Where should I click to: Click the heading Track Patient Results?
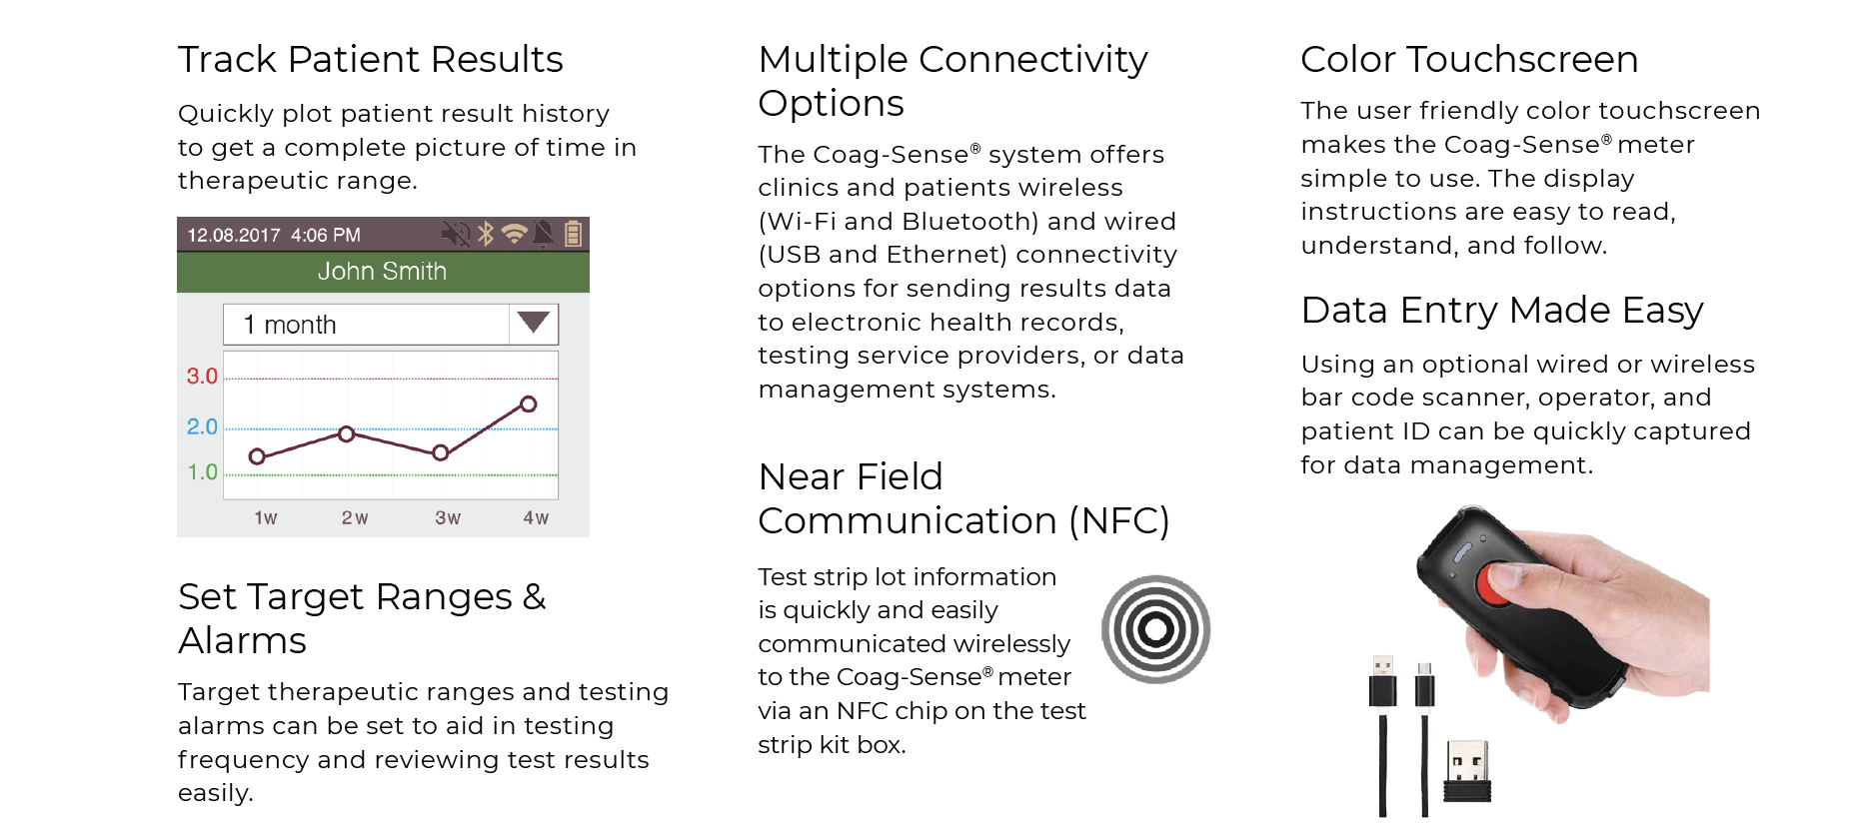(x=371, y=59)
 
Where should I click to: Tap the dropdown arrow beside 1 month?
(x=533, y=322)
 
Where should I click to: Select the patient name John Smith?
(x=382, y=271)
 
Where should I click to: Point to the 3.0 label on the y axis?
(x=202, y=377)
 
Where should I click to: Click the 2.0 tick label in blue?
(x=202, y=426)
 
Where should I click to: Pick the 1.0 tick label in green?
(x=203, y=471)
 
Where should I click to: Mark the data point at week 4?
(x=529, y=405)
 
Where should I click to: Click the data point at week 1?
(x=257, y=456)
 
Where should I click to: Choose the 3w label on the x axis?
(x=448, y=518)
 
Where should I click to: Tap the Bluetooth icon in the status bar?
(x=486, y=234)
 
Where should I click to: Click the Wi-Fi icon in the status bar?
(x=515, y=234)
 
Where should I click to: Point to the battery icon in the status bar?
(x=574, y=234)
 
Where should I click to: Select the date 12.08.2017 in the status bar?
(x=234, y=235)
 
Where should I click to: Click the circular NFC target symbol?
(x=1156, y=629)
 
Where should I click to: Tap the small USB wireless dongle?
(x=1467, y=771)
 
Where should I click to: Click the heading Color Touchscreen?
(x=1469, y=59)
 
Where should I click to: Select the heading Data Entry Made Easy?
(x=1502, y=311)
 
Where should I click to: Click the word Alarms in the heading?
(x=243, y=640)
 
